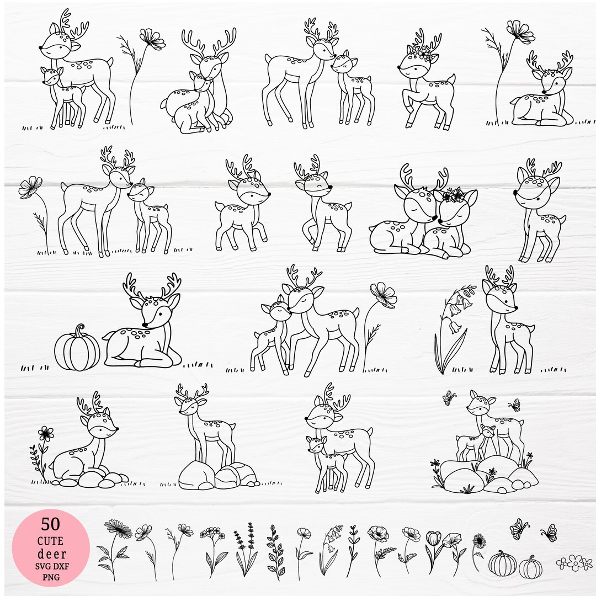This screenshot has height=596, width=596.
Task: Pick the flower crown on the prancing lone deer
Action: tap(424, 54)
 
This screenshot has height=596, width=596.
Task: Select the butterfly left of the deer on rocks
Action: tap(449, 398)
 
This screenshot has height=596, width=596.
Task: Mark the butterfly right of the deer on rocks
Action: tap(515, 405)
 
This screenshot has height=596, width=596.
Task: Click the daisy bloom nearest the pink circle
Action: tap(118, 529)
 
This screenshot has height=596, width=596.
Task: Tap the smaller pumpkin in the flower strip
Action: tap(530, 567)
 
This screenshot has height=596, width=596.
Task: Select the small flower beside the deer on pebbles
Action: tap(46, 433)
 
